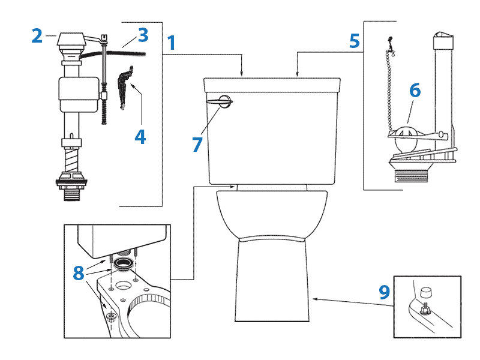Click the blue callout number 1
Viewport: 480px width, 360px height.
171,43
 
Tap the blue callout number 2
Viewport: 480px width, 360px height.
37,36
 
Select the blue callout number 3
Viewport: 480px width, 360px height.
142,35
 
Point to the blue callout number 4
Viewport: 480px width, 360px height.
140,137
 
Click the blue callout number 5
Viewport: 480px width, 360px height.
355,41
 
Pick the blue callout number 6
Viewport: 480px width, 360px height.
415,90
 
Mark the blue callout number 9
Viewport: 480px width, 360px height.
384,292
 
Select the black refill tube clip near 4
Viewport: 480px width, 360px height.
124,88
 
